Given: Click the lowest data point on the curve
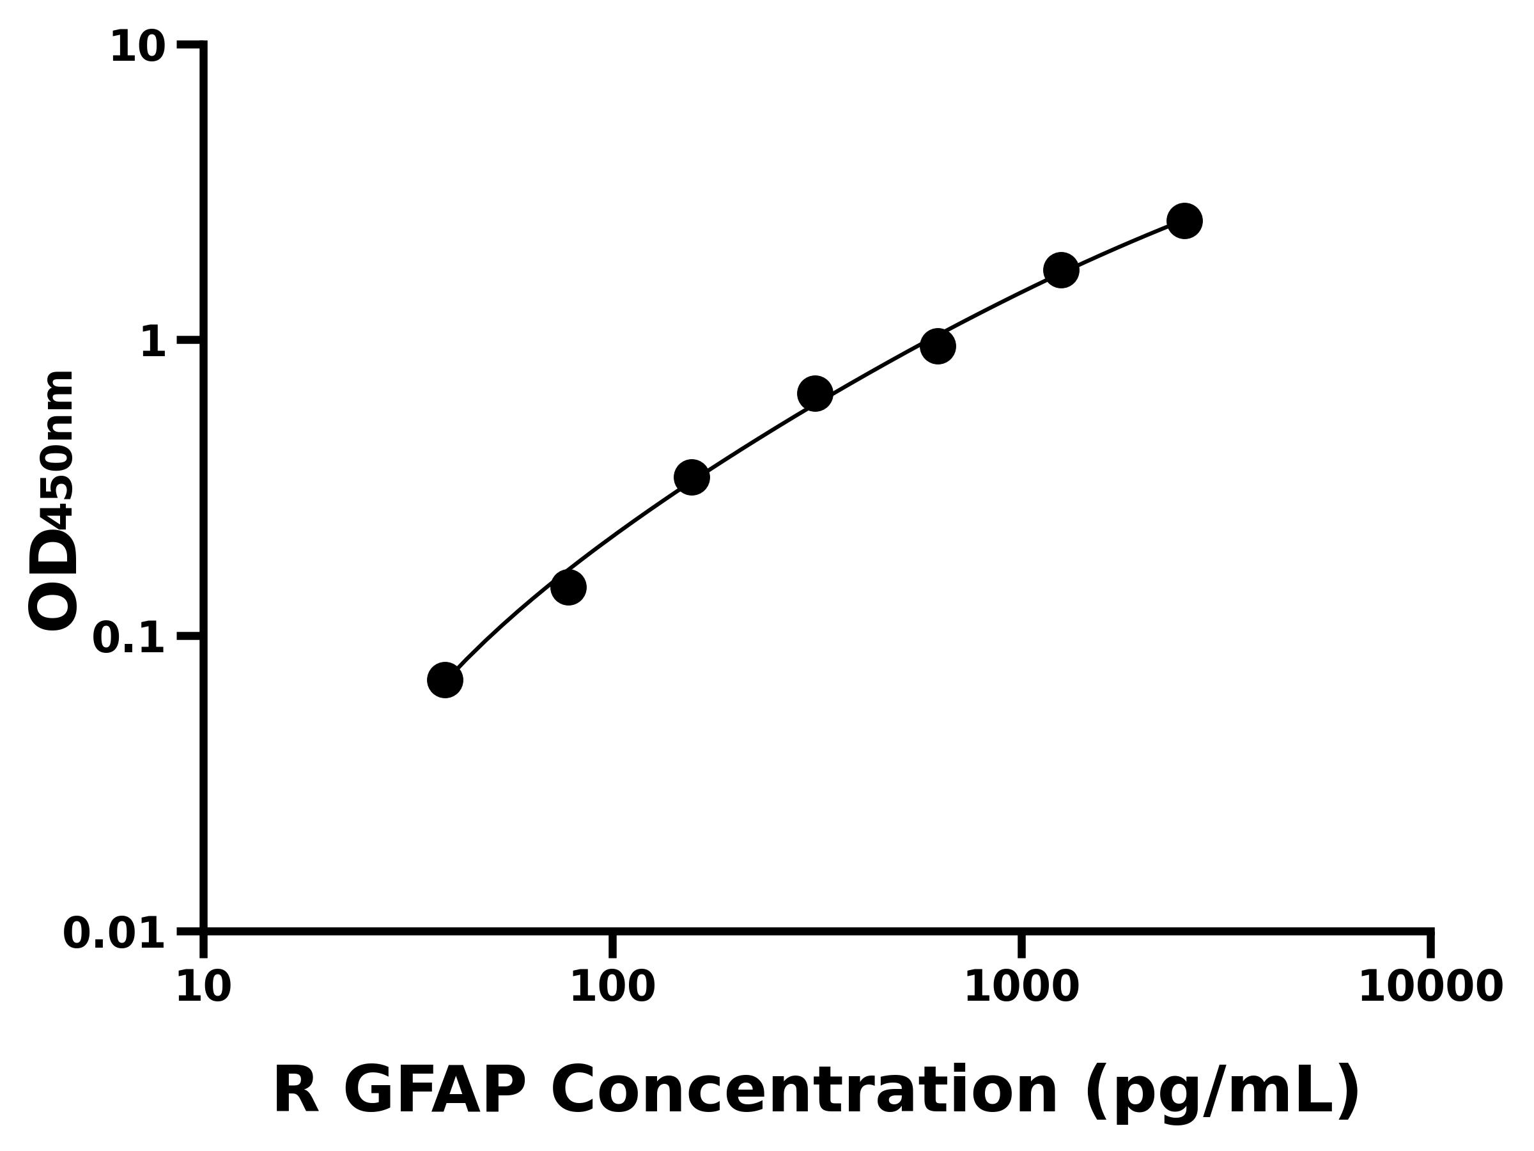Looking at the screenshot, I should click(x=444, y=679).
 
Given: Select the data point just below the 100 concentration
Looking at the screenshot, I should click(x=568, y=588).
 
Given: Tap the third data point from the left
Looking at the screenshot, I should click(x=692, y=477).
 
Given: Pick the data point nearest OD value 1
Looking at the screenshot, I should click(x=938, y=346).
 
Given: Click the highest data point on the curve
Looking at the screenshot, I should click(x=1184, y=221).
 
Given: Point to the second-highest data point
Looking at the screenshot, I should click(x=1061, y=270).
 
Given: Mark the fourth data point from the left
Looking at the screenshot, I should click(x=815, y=394).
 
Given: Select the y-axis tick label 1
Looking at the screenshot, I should click(x=153, y=343).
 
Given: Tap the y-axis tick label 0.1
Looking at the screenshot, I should click(x=129, y=638).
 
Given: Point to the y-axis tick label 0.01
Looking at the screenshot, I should click(x=114, y=934).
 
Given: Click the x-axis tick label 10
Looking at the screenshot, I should click(x=203, y=988).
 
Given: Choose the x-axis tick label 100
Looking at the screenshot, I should click(x=612, y=988).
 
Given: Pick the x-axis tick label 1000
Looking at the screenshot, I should click(x=1021, y=988).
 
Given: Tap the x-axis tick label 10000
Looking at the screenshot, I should click(x=1430, y=988).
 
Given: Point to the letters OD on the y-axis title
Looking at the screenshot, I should click(x=54, y=579).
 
